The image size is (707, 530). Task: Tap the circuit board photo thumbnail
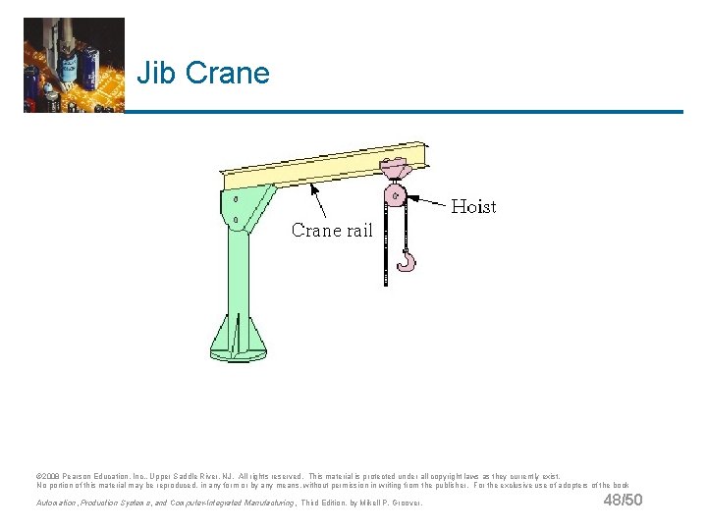click(x=74, y=65)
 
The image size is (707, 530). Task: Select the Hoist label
click(x=472, y=207)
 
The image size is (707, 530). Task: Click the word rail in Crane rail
click(x=358, y=231)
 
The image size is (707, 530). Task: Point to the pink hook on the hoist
click(x=406, y=260)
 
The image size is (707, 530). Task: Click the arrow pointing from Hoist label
click(x=430, y=200)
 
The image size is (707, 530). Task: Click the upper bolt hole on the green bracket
click(x=236, y=200)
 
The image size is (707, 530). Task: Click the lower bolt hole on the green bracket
click(x=236, y=219)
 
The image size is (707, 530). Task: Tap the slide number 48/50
click(x=623, y=502)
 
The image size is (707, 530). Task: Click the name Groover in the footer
click(x=404, y=504)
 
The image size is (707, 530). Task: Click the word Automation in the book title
click(x=57, y=504)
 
